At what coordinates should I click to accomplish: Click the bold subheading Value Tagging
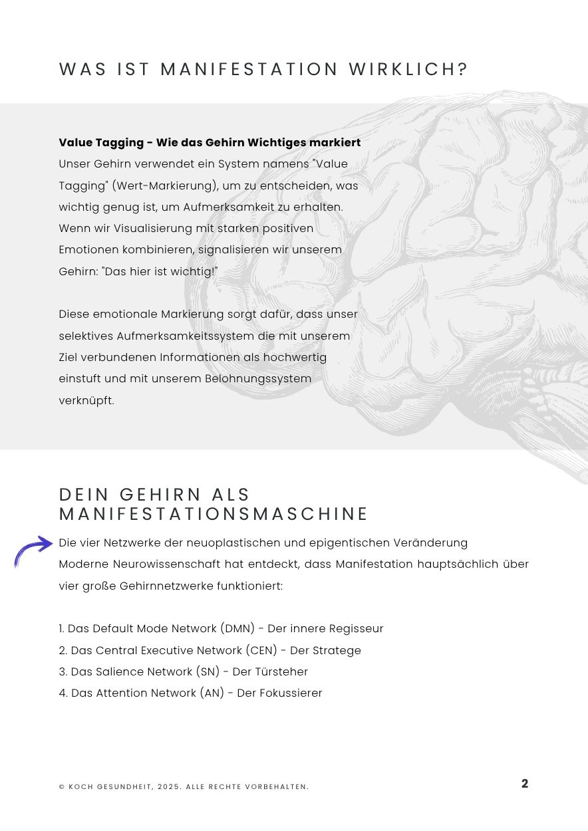click(x=101, y=142)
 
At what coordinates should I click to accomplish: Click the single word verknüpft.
click(x=86, y=400)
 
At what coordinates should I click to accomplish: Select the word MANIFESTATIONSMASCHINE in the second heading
click(x=214, y=514)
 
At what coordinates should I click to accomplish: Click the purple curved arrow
click(x=33, y=550)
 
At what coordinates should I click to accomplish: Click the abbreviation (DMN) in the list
click(x=239, y=628)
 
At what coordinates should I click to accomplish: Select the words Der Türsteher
click(x=270, y=671)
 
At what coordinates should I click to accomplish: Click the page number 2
click(x=525, y=784)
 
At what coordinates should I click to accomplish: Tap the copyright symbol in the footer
click(x=62, y=787)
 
